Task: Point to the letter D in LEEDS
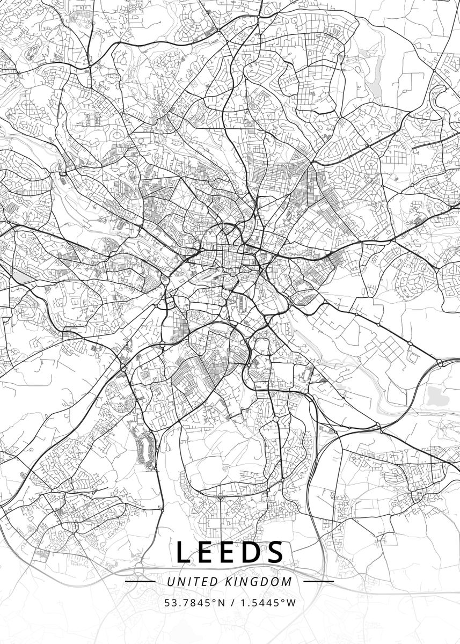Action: (x=253, y=552)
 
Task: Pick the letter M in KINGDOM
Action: (x=288, y=581)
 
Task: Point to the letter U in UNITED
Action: (x=171, y=581)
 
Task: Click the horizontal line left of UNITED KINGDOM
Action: (x=140, y=581)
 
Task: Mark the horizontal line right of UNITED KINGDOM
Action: (x=318, y=581)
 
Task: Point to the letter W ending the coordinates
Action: (x=291, y=603)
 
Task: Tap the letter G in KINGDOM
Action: (x=257, y=581)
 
